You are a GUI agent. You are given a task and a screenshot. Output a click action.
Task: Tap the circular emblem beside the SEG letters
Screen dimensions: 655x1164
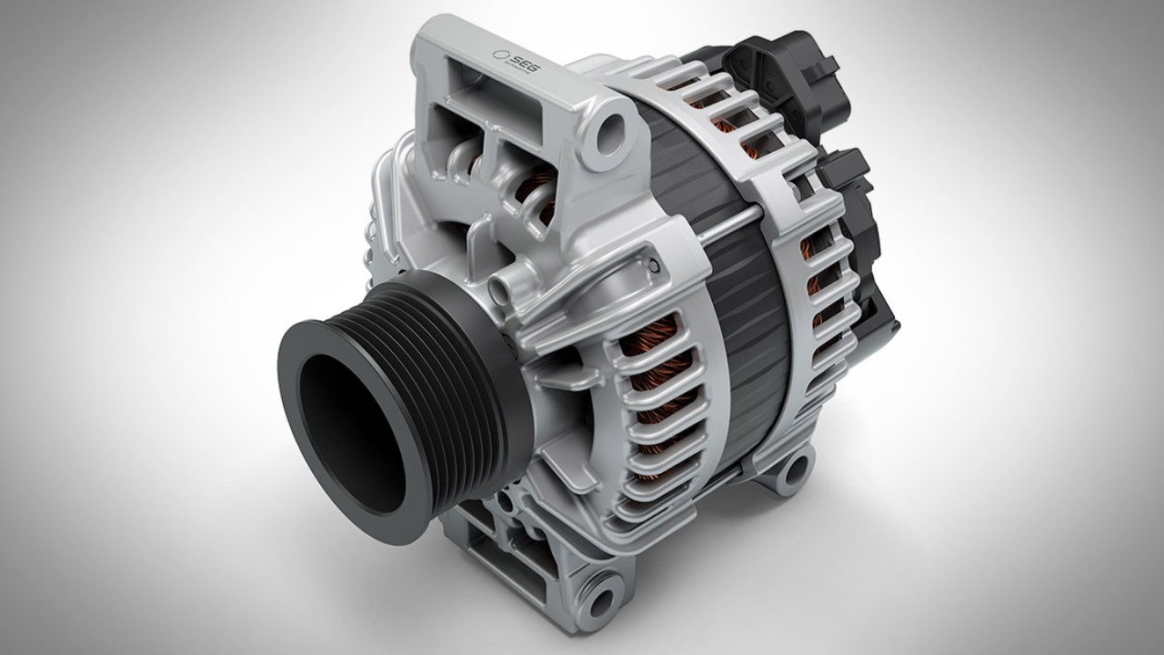[x=499, y=55]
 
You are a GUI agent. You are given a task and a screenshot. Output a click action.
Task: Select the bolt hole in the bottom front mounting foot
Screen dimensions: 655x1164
[x=601, y=601]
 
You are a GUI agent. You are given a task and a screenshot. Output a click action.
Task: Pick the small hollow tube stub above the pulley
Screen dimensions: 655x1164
[x=498, y=292]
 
